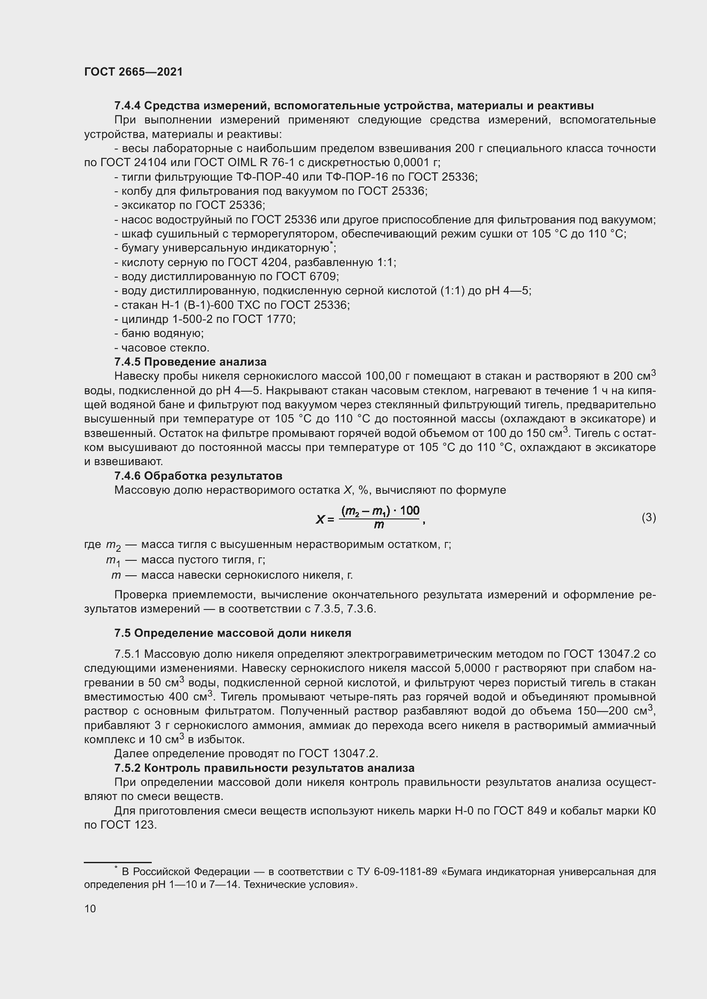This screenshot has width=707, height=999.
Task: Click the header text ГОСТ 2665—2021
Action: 133,72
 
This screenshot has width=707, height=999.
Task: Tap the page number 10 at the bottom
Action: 90,908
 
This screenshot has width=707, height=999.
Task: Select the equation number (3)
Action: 648,517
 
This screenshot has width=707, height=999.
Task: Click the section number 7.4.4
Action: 127,105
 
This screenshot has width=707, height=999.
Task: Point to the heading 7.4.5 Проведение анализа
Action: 190,362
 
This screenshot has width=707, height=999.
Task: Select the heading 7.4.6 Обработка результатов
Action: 198,475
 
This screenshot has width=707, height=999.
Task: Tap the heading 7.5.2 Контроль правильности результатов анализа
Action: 264,768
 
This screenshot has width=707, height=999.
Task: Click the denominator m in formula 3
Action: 379,525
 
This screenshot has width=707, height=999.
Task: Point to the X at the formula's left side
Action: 321,519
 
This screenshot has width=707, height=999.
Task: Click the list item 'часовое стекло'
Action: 165,348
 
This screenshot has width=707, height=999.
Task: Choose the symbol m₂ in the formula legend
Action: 113,545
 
